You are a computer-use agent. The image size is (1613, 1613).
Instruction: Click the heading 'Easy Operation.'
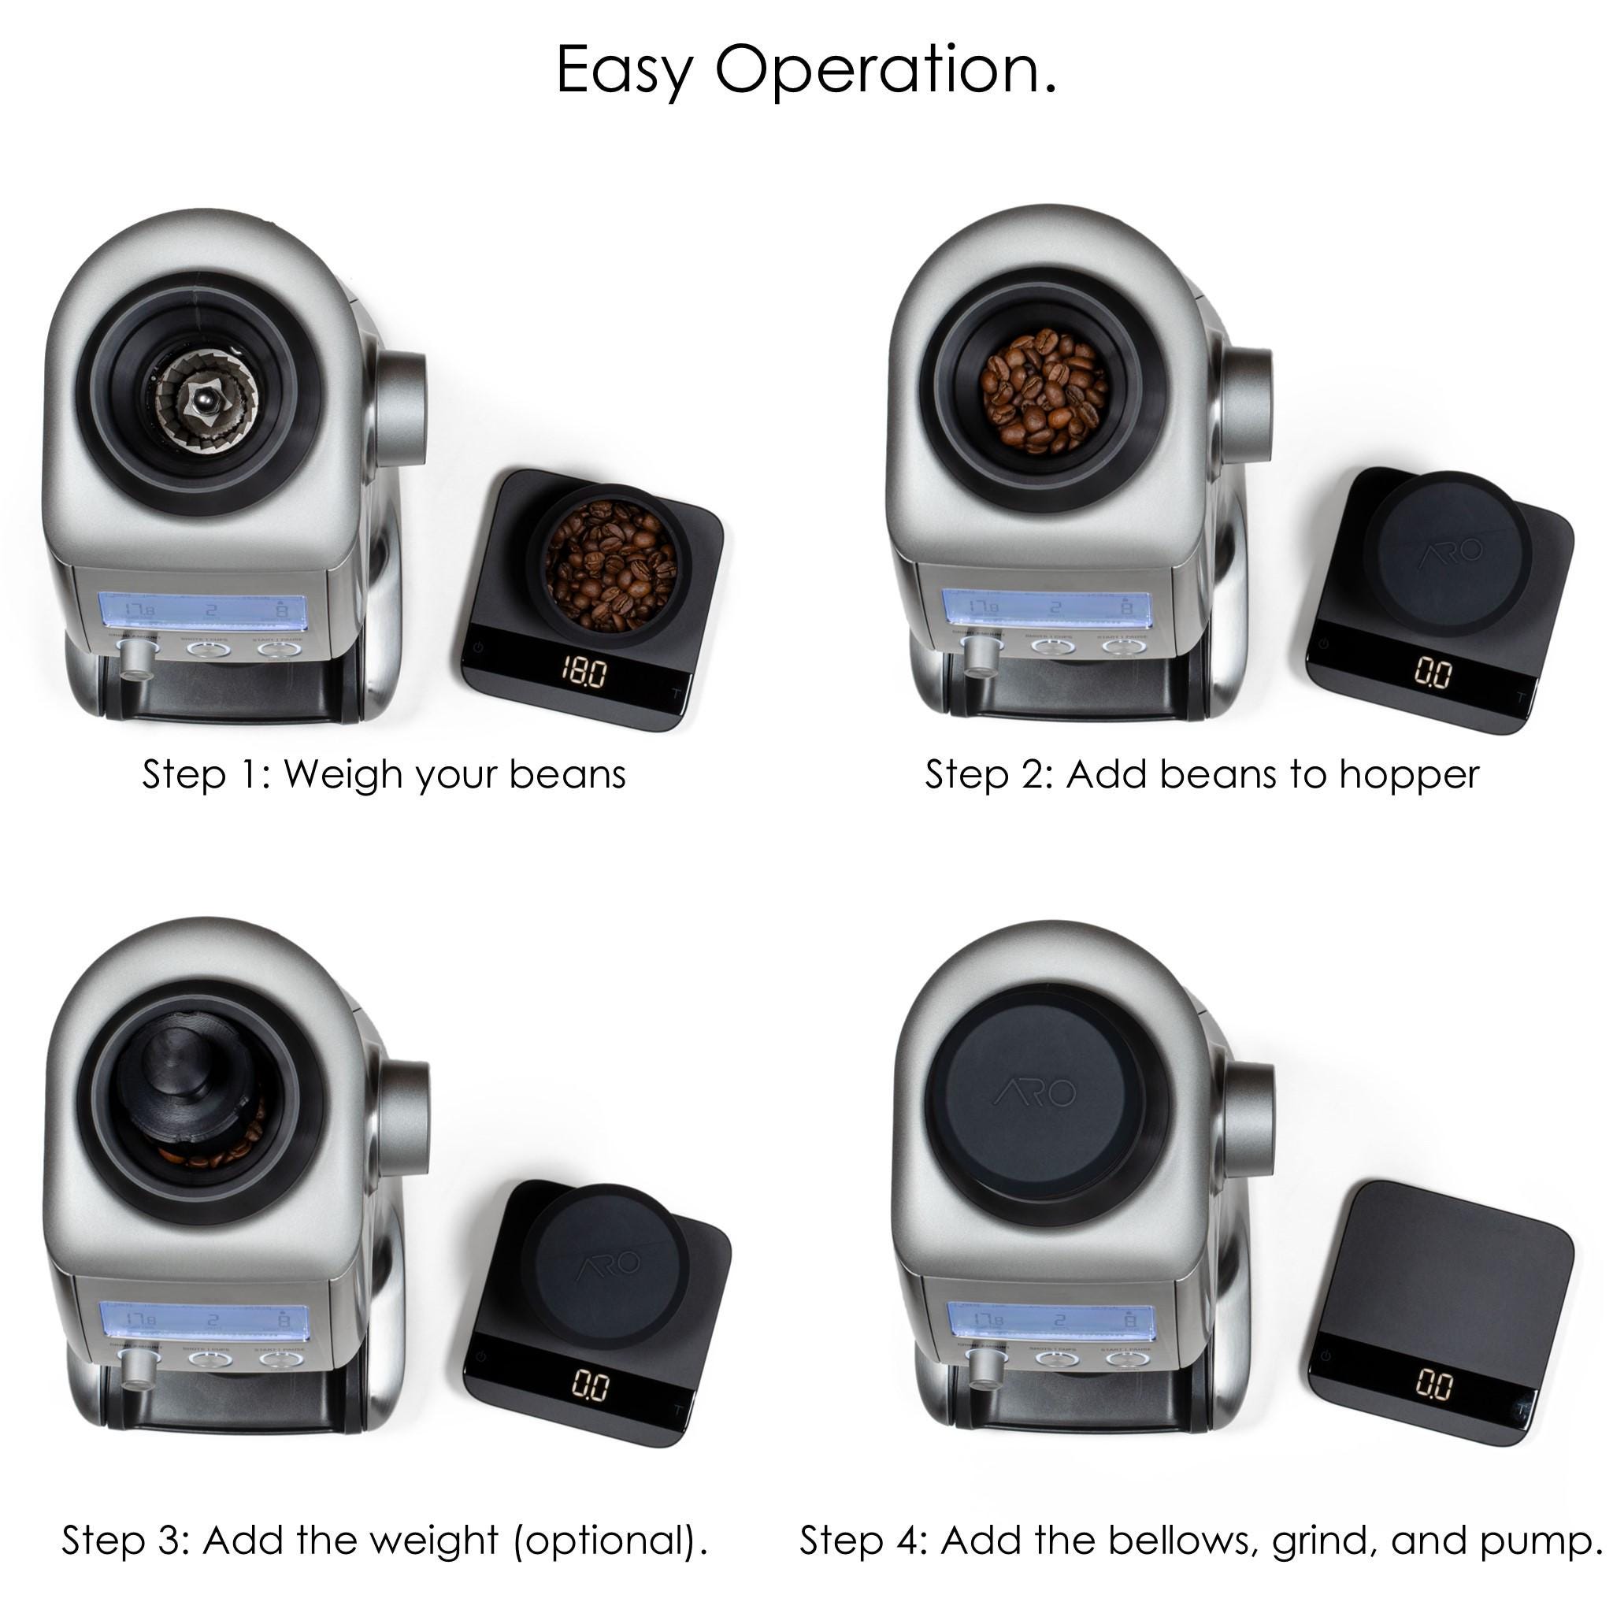click(x=806, y=70)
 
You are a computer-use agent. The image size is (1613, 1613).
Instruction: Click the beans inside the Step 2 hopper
click(x=1044, y=391)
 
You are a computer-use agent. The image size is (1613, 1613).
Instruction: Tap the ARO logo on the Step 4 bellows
click(x=1035, y=1093)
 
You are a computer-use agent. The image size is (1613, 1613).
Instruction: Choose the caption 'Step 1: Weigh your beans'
click(x=384, y=775)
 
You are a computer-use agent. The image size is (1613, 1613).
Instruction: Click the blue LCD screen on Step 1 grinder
click(x=203, y=611)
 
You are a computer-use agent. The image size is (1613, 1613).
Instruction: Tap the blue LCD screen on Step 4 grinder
click(x=1051, y=1322)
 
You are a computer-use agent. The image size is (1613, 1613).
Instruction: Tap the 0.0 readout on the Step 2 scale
click(x=1433, y=673)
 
